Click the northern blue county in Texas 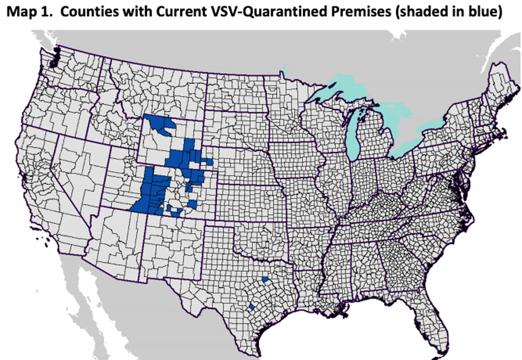[x=265, y=279]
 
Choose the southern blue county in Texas [x=251, y=307]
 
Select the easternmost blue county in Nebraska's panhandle [x=210, y=162]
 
